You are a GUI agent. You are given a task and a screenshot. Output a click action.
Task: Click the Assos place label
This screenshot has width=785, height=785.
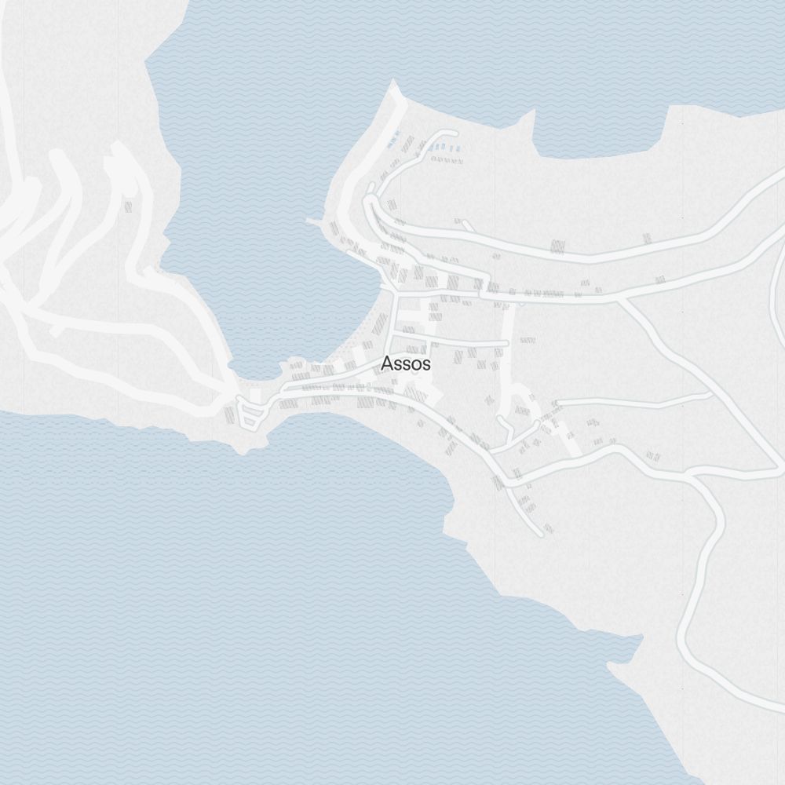[405, 363]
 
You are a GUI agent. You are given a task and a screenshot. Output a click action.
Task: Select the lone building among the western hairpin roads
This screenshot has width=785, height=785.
[128, 206]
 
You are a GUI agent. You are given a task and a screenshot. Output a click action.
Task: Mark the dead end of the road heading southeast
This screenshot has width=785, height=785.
[540, 534]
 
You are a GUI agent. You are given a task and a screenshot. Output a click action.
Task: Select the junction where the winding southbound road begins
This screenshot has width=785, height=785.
[691, 475]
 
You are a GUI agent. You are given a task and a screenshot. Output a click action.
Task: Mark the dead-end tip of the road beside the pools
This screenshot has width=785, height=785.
[454, 133]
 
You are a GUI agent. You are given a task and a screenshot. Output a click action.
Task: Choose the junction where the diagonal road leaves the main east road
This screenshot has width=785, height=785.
[620, 298]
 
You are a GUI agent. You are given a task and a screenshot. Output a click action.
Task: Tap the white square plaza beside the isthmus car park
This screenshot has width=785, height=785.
[256, 394]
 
